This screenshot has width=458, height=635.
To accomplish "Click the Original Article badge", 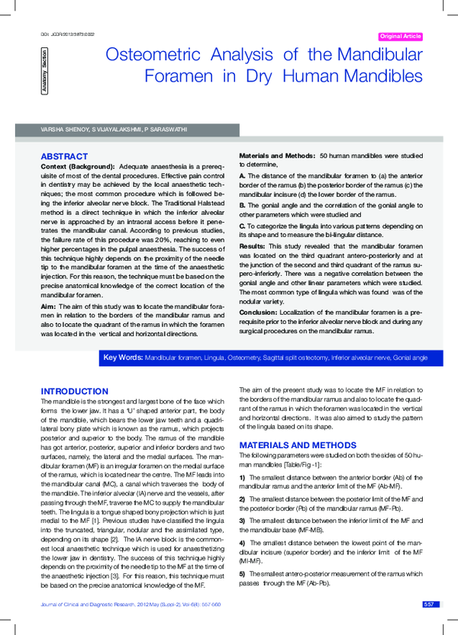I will [x=400, y=37].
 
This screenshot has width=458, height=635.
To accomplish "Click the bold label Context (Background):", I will [x=77, y=165].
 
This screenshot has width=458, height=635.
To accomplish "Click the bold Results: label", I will [x=253, y=247].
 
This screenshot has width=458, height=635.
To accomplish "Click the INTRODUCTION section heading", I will [x=75, y=391].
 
